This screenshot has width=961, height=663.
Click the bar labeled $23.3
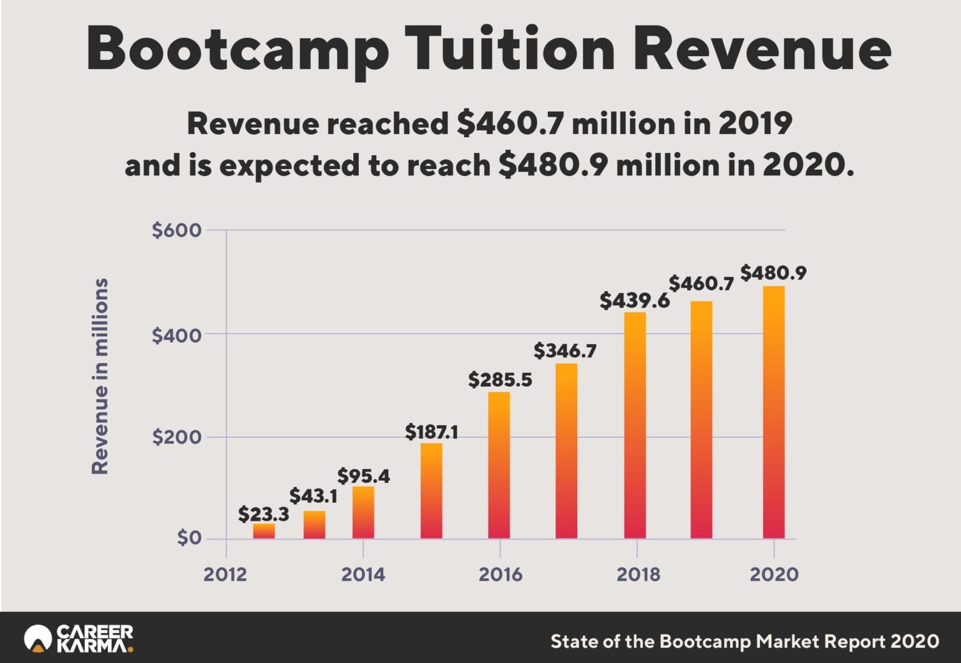[263, 531]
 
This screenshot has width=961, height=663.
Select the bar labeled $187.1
[431, 491]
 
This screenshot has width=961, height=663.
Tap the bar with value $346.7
[566, 451]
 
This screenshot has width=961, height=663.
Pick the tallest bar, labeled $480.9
[774, 412]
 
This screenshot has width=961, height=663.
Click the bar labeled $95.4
[363, 513]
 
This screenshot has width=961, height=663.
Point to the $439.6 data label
[634, 301]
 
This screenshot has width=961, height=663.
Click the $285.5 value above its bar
[500, 379]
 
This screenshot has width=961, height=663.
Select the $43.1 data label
[313, 496]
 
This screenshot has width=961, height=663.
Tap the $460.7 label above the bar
[701, 284]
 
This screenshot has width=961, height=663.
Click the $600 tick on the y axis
[177, 230]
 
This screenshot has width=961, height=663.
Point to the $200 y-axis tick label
[177, 437]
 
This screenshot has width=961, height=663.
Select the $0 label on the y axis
[188, 538]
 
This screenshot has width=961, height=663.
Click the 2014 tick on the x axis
[363, 574]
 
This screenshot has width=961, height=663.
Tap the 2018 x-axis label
[638, 574]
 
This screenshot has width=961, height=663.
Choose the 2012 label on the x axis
[225, 574]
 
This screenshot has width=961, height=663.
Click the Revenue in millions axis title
[100, 376]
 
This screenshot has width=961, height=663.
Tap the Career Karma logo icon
[37, 639]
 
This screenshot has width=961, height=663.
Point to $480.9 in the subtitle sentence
[552, 165]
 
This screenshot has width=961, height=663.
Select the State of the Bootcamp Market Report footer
[744, 641]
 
